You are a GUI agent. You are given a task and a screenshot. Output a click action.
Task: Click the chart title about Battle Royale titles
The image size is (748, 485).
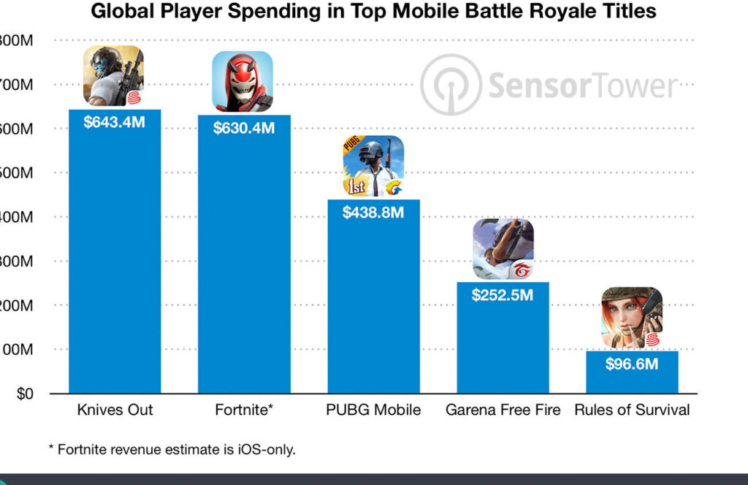pyautogui.click(x=373, y=12)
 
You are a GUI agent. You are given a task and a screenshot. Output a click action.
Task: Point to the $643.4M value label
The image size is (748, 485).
pyautogui.click(x=115, y=122)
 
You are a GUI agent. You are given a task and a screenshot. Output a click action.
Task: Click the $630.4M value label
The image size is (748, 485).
pyautogui.click(x=244, y=128)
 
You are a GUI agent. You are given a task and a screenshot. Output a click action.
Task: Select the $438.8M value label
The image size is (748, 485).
pyautogui.click(x=373, y=212)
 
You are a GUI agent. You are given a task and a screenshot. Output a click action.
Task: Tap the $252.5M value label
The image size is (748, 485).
pyautogui.click(x=503, y=295)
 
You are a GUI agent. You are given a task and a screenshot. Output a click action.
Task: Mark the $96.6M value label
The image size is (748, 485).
pyautogui.click(x=632, y=364)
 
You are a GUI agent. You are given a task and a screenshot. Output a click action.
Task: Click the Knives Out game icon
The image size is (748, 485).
pyautogui.click(x=113, y=76)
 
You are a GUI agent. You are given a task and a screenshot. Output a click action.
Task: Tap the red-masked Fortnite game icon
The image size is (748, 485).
pyautogui.click(x=243, y=81)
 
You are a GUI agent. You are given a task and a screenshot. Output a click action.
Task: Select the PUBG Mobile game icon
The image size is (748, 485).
pyautogui.click(x=373, y=166)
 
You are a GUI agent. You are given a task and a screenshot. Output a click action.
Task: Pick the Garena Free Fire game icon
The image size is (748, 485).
pyautogui.click(x=503, y=249)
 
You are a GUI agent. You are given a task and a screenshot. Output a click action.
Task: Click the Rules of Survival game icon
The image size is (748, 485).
pyautogui.click(x=632, y=318)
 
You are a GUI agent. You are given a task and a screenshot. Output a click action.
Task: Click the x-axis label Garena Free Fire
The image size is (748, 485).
pyautogui.click(x=503, y=410)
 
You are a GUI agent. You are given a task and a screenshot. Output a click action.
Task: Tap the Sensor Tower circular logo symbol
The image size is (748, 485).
pyautogui.click(x=451, y=85)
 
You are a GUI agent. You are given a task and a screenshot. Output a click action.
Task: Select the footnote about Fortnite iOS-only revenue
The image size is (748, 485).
pyautogui.click(x=172, y=449)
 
